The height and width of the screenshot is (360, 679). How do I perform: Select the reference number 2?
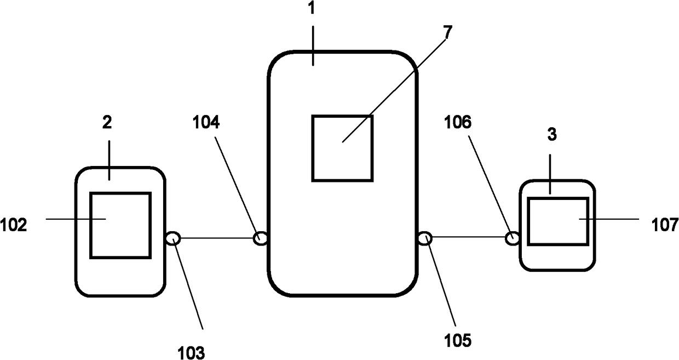[x=107, y=123]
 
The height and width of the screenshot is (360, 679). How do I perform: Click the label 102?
[x=14, y=225]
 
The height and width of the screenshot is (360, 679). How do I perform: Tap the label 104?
[x=206, y=123]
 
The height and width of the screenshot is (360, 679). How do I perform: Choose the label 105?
[x=458, y=340]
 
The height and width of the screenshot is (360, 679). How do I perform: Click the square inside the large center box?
[x=342, y=148]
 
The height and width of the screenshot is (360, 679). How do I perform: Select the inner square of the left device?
[x=120, y=225]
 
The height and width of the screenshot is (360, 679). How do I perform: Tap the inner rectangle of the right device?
[x=558, y=221]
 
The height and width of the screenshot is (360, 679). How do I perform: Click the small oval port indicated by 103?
[x=172, y=238]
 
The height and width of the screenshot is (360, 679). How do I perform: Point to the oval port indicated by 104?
[x=261, y=238]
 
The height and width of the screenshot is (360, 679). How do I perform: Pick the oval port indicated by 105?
[x=425, y=238]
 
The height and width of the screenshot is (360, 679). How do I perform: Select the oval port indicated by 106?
[x=513, y=238]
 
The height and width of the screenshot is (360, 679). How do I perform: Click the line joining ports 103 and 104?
[x=216, y=238]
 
